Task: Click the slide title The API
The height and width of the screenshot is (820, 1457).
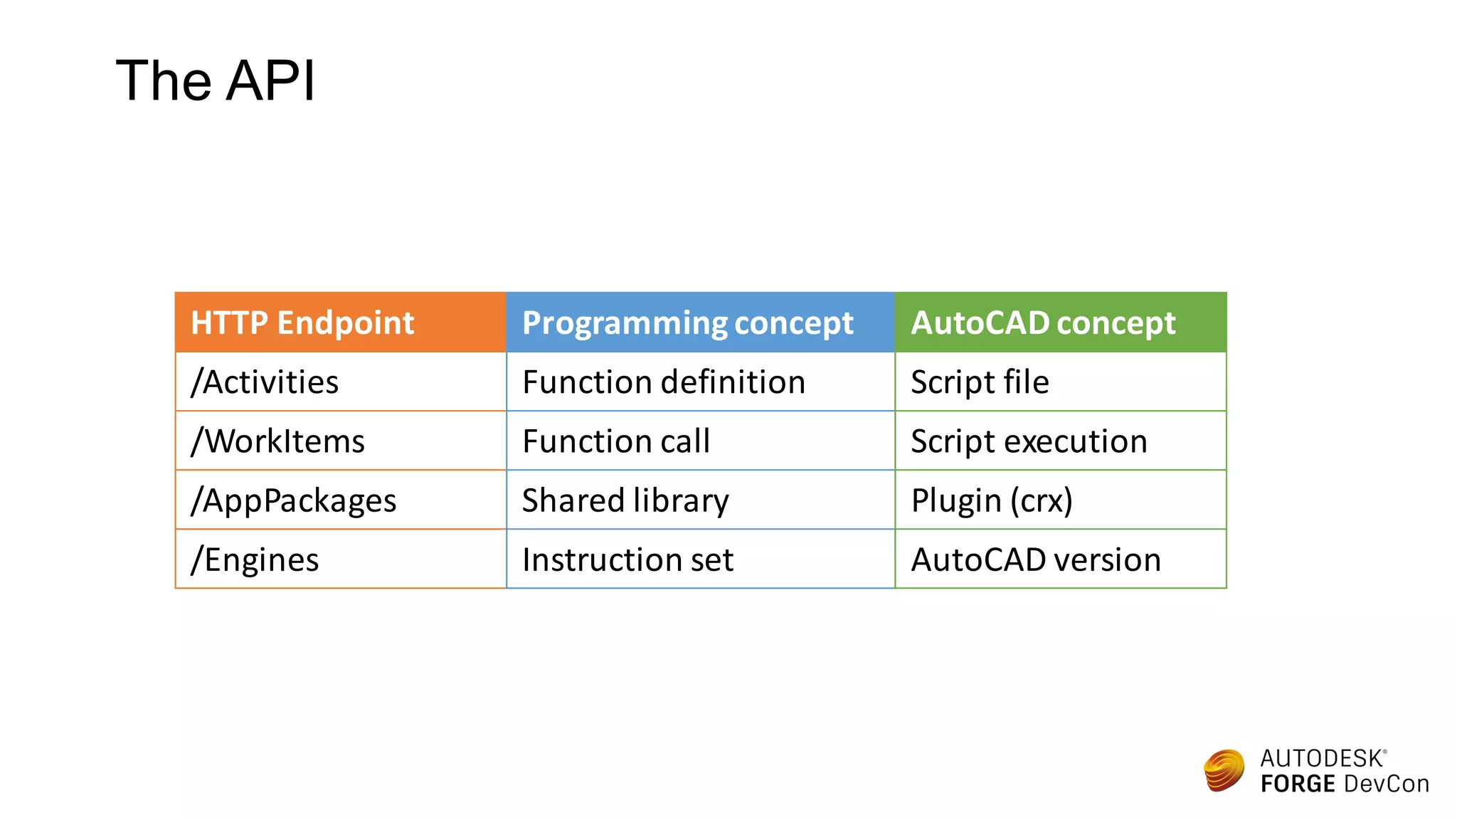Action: point(215,80)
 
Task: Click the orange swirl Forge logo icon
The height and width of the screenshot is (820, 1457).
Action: point(1224,770)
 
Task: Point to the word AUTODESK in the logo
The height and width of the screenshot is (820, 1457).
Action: point(1321,759)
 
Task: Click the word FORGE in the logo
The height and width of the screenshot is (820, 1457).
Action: point(1298,784)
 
